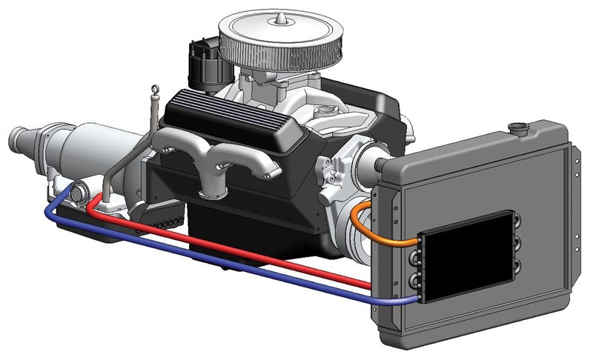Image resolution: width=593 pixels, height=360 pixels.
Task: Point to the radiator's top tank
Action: pyautogui.click(x=482, y=152)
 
